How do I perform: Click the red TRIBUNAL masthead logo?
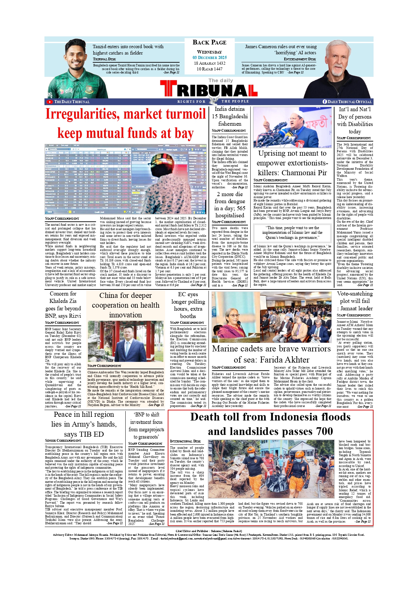(209, 90)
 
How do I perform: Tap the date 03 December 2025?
(210, 58)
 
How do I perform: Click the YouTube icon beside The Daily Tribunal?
(50, 102)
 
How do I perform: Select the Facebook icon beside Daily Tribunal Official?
(325, 102)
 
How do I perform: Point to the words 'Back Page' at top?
(210, 42)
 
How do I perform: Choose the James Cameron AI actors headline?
(280, 50)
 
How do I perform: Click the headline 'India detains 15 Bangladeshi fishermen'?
(230, 116)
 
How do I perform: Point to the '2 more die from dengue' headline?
(230, 205)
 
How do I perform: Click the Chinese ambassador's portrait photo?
(126, 341)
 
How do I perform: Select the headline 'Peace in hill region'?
(84, 424)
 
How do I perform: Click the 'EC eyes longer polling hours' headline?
(188, 305)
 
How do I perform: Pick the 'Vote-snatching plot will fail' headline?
(355, 301)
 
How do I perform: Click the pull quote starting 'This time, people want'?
(292, 232)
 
